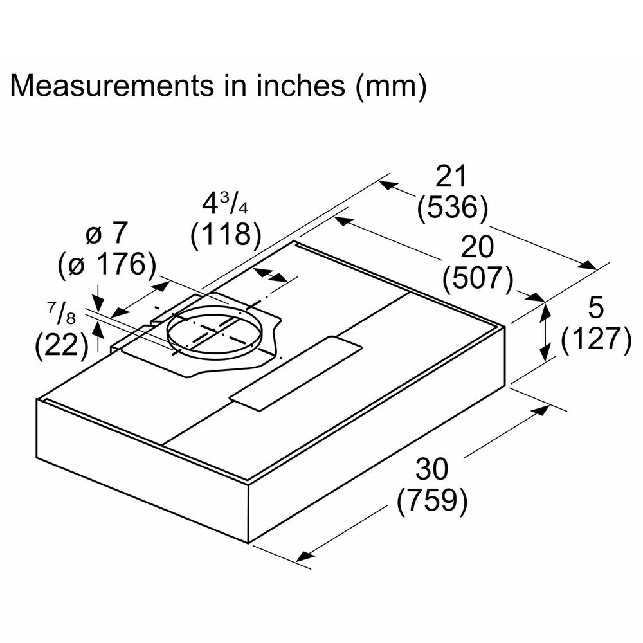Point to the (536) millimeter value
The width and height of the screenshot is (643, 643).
tap(452, 208)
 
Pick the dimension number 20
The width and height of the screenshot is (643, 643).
tap(476, 248)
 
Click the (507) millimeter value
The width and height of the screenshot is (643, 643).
tap(477, 278)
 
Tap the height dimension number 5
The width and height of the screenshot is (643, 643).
tap(595, 309)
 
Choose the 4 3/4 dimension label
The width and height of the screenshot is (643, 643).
tap(224, 204)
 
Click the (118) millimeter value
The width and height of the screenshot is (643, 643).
tap(225, 235)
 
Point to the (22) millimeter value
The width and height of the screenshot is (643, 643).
tap(61, 347)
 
